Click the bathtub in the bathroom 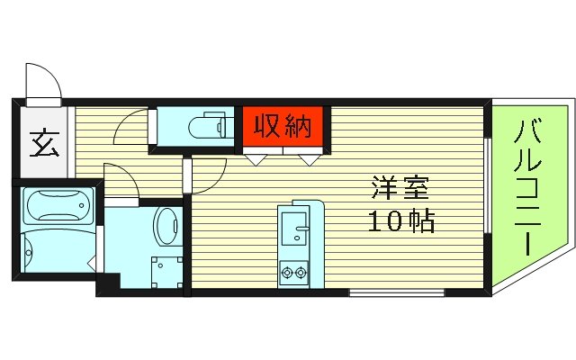tap(56, 207)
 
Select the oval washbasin tap(167, 227)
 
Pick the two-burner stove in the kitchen tap(294, 269)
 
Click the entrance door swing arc tap(43, 80)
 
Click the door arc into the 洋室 tap(207, 175)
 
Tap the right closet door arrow tap(309, 159)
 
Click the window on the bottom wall tap(396, 292)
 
